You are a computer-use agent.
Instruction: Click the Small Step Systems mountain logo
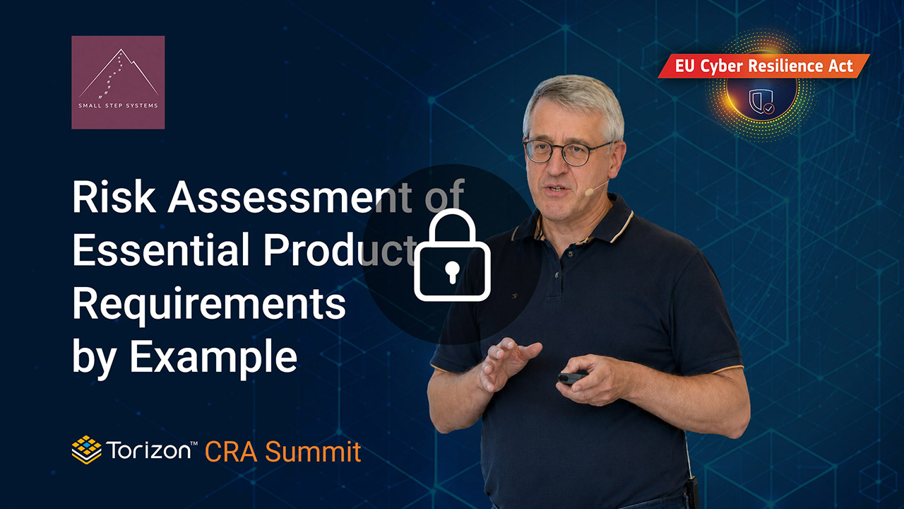[x=118, y=83]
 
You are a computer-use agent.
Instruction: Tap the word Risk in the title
[x=114, y=197]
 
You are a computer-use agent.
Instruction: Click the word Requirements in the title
[x=209, y=305]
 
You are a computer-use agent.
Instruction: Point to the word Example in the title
[x=213, y=357]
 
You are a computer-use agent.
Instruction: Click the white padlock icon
[x=453, y=255]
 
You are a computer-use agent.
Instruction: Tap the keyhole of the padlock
[x=452, y=271]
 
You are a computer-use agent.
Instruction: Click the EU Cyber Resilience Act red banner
[x=763, y=66]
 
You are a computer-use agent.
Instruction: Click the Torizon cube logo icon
[x=86, y=450]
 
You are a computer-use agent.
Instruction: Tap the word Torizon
[x=149, y=450]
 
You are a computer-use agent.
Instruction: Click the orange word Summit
[x=313, y=452]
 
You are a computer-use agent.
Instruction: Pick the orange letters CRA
[x=231, y=452]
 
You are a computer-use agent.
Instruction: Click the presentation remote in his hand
[x=571, y=378]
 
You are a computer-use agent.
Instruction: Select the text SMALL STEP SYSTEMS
[x=118, y=106]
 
